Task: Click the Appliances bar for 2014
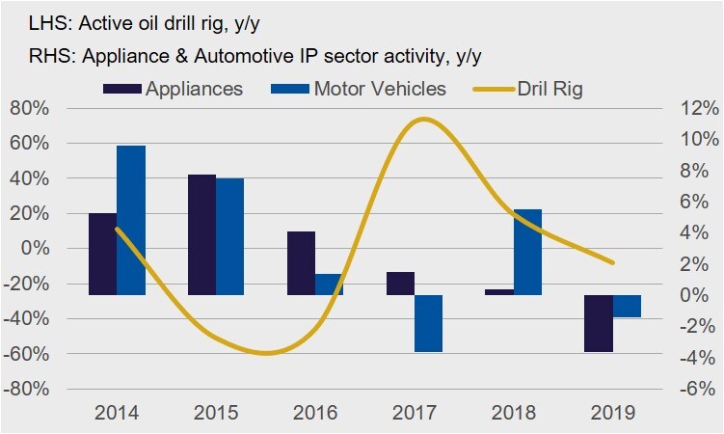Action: [x=102, y=254]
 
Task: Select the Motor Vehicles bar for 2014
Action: [x=131, y=220]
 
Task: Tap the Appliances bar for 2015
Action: [x=201, y=234]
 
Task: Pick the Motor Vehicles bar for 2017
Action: [x=429, y=323]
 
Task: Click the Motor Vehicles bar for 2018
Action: [x=527, y=252]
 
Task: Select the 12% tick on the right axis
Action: [x=691, y=108]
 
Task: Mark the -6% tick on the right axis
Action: [x=691, y=390]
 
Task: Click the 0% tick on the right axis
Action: [x=691, y=295]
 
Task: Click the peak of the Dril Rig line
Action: [x=421, y=120]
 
